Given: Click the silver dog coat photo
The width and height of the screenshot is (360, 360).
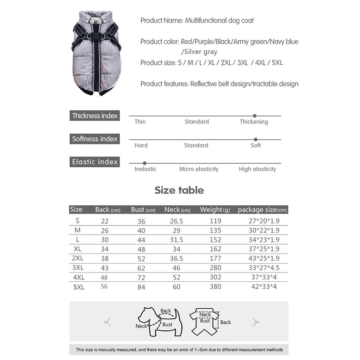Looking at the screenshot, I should point(96,53).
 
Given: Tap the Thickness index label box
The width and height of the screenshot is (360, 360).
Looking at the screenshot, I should point(95,116).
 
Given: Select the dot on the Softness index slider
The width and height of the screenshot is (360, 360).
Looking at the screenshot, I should point(256,140).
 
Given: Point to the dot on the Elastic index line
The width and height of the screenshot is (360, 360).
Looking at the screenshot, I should point(144,163).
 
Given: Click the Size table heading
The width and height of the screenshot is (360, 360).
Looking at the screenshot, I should point(179,190).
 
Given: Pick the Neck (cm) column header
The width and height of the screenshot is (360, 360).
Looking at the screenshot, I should point(177,210).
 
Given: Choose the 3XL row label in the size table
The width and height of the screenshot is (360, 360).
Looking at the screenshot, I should point(78,268).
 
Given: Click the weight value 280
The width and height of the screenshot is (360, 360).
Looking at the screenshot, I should point(215,268).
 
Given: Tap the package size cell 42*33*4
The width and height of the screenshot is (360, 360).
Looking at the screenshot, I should point(262,287).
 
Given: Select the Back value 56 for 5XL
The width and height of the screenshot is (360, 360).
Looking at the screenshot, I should point(104,287).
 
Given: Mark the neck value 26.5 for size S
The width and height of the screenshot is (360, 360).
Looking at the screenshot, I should point(176,221).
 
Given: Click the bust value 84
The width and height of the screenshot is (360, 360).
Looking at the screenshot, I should point(141,287).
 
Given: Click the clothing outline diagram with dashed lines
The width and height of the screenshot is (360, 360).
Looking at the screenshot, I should point(205,321).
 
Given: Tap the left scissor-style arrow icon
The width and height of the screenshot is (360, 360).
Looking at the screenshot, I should point(108,322).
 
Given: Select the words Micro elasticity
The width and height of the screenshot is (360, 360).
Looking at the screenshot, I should point(199,169).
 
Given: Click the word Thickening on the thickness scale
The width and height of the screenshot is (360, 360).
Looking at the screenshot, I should point(254,122).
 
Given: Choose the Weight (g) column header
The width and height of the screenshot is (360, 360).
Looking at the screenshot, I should point(215,210).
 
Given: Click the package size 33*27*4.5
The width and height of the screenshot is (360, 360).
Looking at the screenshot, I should point(262,268).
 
